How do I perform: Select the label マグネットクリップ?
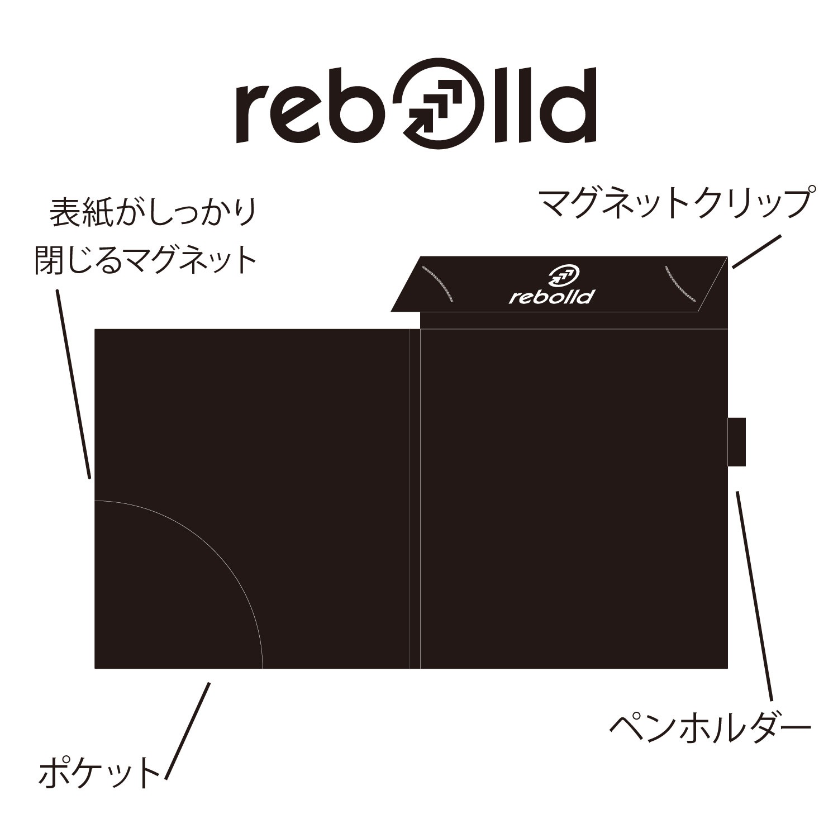674,205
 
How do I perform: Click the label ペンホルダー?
709,726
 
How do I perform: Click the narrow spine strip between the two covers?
415,498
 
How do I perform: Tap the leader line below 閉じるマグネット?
74,385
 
